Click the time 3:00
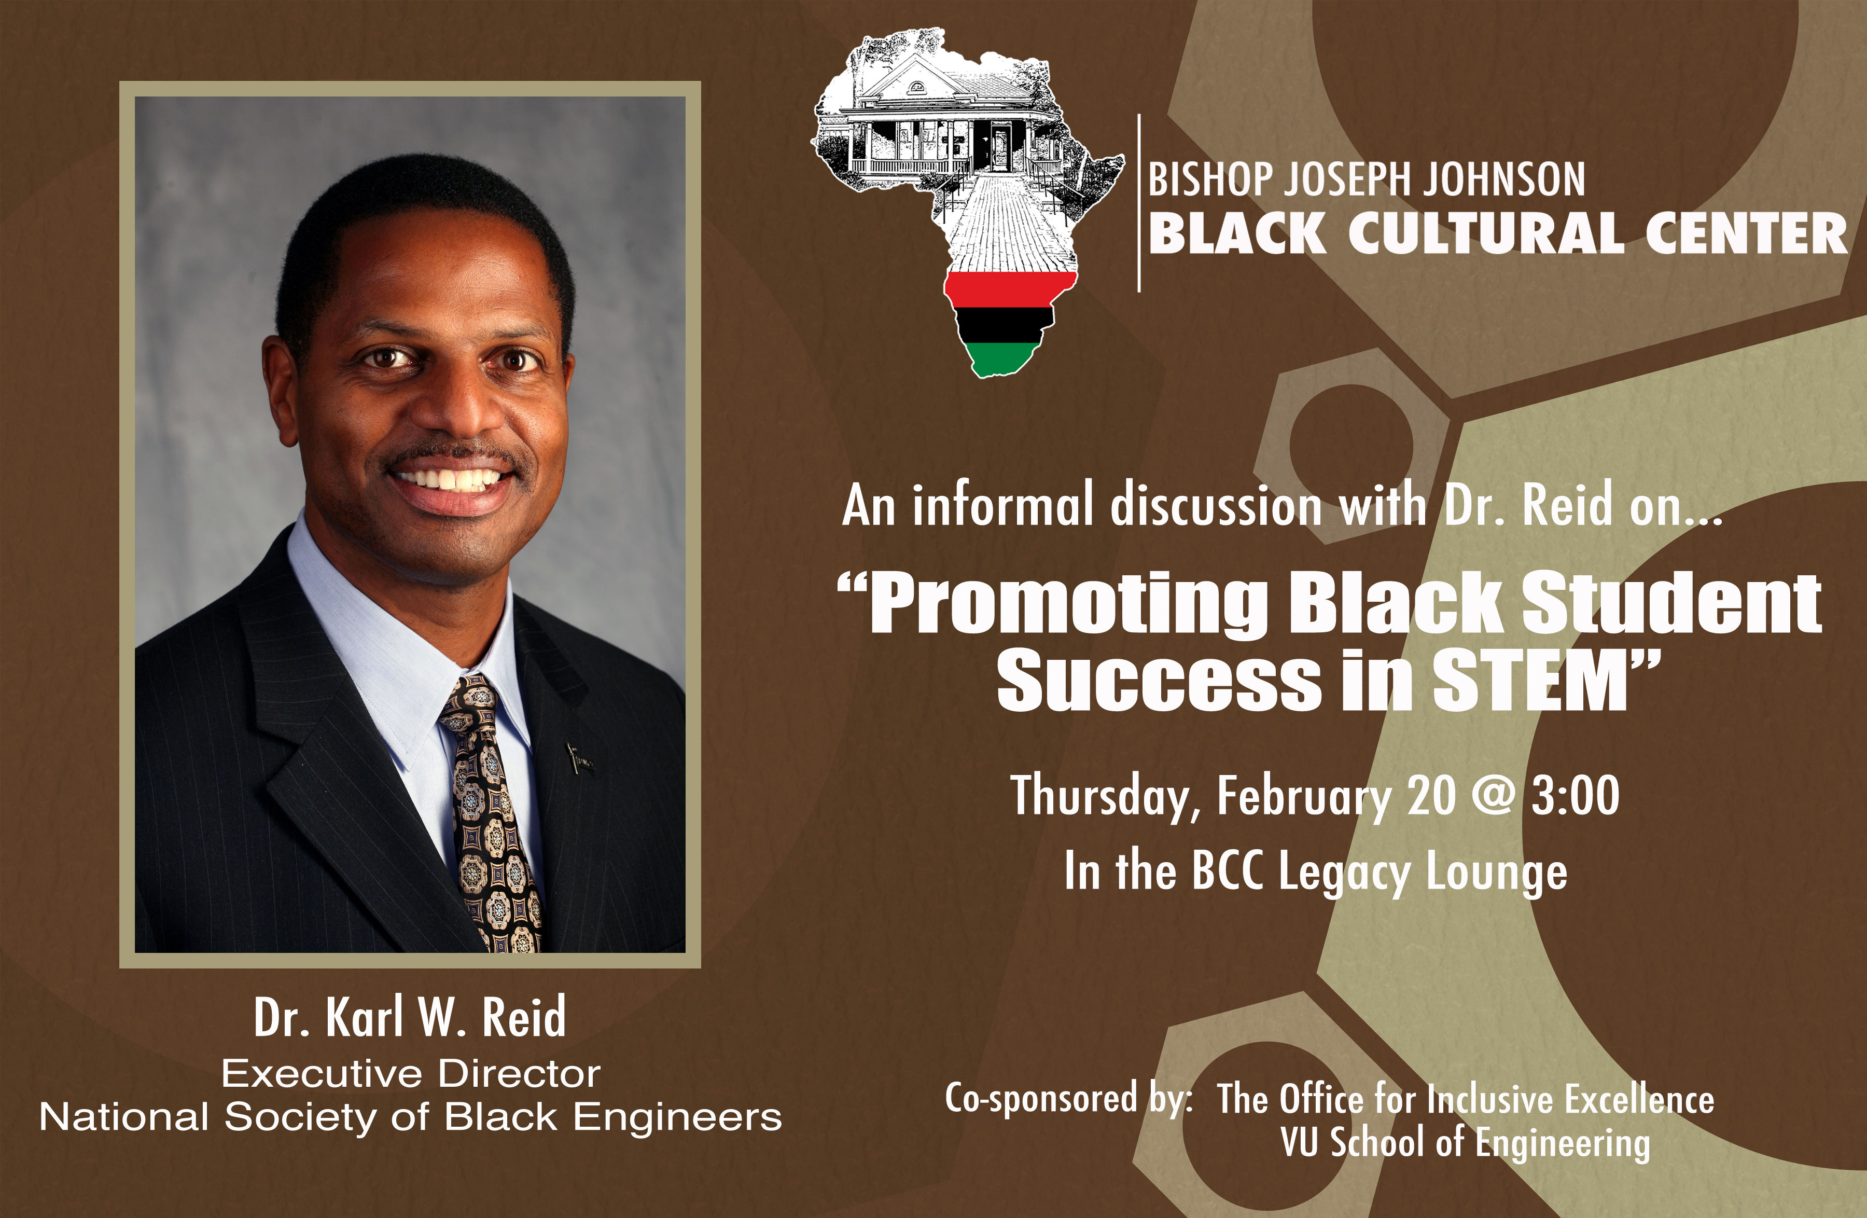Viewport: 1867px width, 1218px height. point(1575,795)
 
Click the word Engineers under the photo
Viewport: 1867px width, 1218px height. point(678,1117)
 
